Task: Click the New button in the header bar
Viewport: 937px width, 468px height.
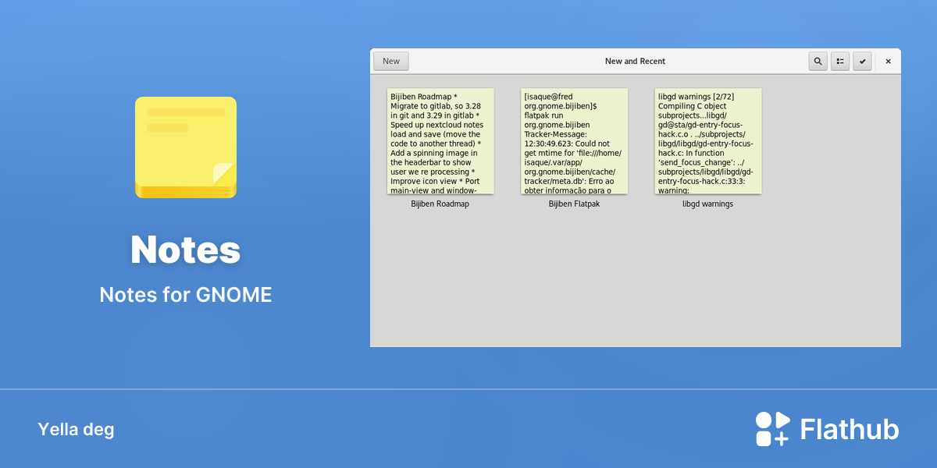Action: (391, 61)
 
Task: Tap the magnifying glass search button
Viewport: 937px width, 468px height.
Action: (818, 62)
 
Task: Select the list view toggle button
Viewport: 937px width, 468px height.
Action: (840, 62)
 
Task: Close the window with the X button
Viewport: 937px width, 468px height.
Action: (888, 62)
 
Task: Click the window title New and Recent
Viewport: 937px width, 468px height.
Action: (635, 61)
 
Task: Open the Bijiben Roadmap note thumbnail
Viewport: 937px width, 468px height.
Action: (440, 141)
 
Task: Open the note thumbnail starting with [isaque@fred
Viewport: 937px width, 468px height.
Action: (575, 141)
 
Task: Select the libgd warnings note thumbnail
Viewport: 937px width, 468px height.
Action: (708, 141)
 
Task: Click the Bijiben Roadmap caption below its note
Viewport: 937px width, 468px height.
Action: (440, 204)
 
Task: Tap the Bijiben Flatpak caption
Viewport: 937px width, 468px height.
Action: (574, 204)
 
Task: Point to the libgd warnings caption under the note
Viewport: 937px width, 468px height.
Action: (707, 204)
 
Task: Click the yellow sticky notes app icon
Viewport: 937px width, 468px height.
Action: (186, 147)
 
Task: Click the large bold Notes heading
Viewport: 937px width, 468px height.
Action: (186, 250)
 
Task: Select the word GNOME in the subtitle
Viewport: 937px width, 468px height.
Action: (233, 295)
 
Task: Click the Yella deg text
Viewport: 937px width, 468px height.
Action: (77, 430)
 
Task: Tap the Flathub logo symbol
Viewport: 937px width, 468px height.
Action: (772, 429)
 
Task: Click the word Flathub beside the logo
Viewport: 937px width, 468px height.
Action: (850, 429)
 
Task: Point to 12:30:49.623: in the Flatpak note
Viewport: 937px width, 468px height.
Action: (548, 144)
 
